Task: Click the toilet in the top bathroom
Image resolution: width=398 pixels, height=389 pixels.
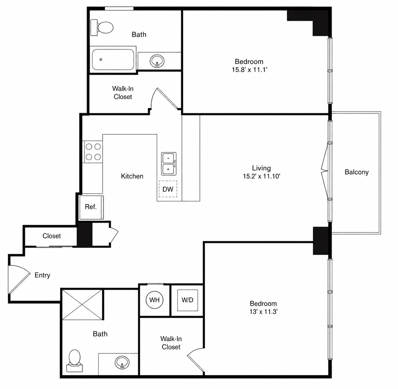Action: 102,27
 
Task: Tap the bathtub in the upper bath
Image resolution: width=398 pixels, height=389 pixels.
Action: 113,60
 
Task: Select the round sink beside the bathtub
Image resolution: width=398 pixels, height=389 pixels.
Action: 157,61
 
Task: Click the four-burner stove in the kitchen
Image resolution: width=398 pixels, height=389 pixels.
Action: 93,152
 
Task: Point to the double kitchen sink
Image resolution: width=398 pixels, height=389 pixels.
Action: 169,164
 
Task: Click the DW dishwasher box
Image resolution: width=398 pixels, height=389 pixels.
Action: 168,189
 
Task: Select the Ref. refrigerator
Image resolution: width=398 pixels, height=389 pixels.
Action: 91,207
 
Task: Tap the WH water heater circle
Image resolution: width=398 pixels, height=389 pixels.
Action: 154,300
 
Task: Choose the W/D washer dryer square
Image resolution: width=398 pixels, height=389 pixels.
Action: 187,300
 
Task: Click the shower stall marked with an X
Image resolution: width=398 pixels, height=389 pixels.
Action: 82,304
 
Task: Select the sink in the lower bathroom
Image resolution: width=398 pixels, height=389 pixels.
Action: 122,362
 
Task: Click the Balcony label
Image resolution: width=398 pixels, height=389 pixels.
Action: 357,172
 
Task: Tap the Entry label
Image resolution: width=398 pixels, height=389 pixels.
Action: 42,275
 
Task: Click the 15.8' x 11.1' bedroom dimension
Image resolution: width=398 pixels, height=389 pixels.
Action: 250,70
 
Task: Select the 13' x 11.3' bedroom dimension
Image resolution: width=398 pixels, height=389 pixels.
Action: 264,312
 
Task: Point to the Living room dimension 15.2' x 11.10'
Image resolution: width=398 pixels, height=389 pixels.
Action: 261,176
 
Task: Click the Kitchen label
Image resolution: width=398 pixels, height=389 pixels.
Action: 132,176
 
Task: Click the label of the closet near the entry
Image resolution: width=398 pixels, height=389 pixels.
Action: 52,236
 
